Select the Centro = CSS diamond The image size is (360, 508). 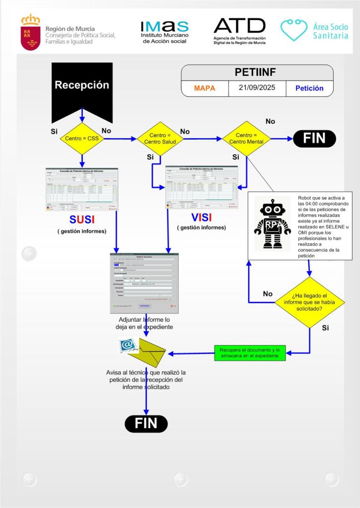coord(82,139)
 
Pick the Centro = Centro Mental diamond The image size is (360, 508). coord(246,139)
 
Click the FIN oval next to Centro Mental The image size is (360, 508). coord(314,139)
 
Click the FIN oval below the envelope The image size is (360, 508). coord(146,423)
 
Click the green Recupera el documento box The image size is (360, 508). coord(250,354)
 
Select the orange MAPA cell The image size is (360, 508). coord(204,88)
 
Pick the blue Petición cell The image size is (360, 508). coord(309,88)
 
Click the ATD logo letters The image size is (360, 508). coord(239,26)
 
